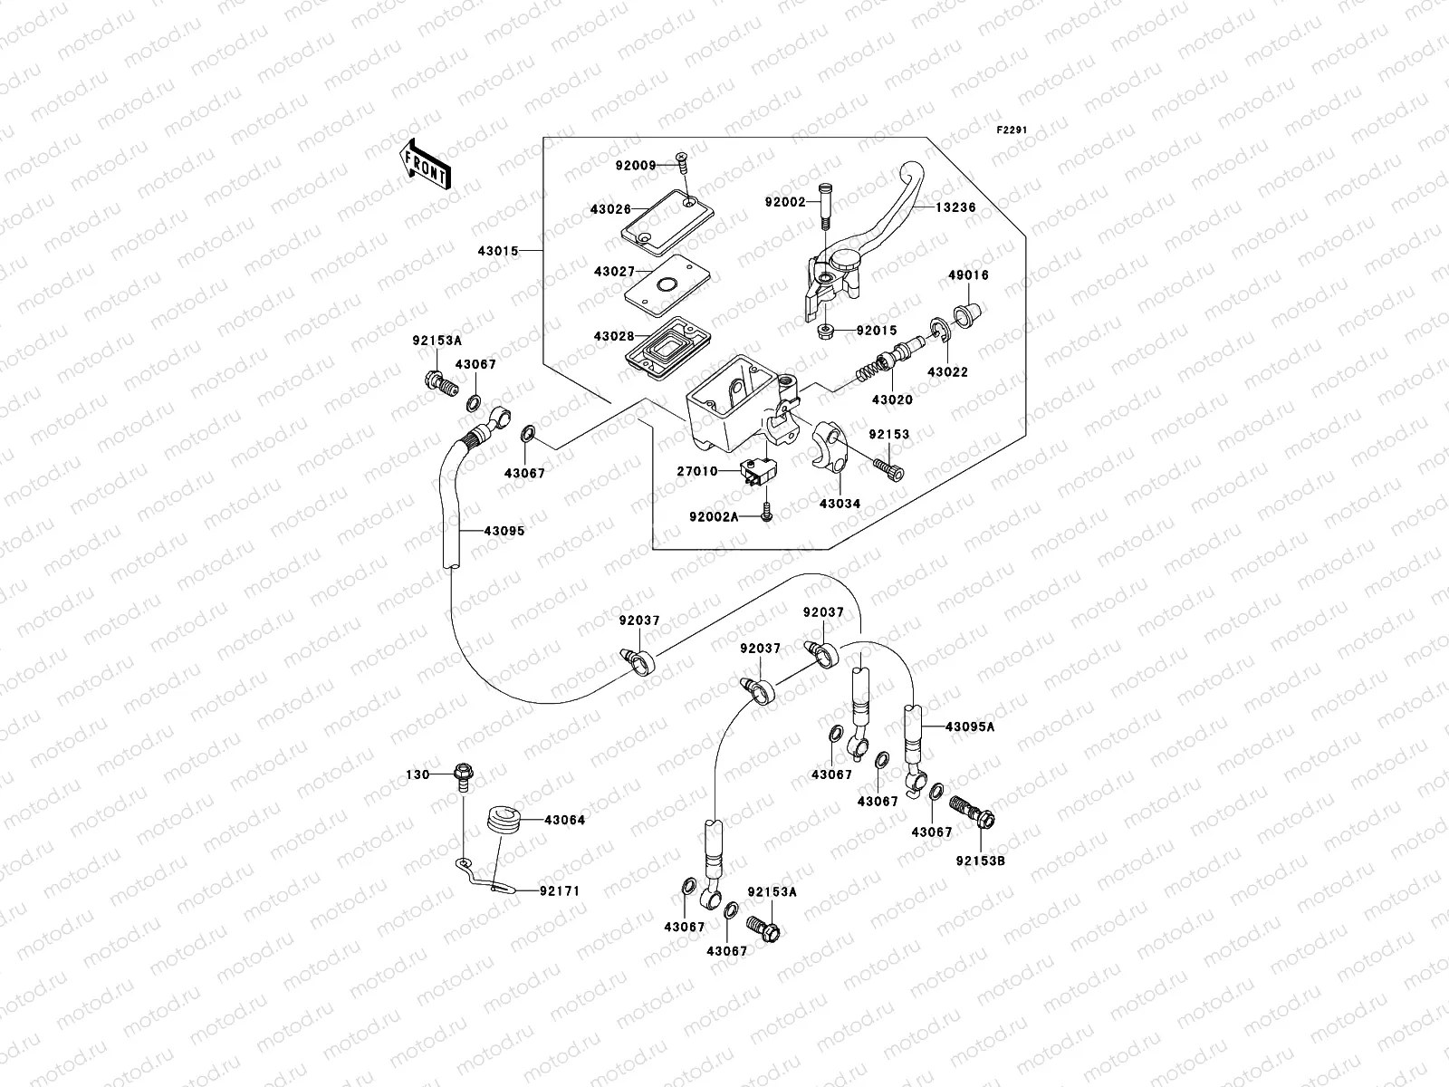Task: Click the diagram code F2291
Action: [x=1013, y=130]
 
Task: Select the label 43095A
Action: [x=970, y=726]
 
